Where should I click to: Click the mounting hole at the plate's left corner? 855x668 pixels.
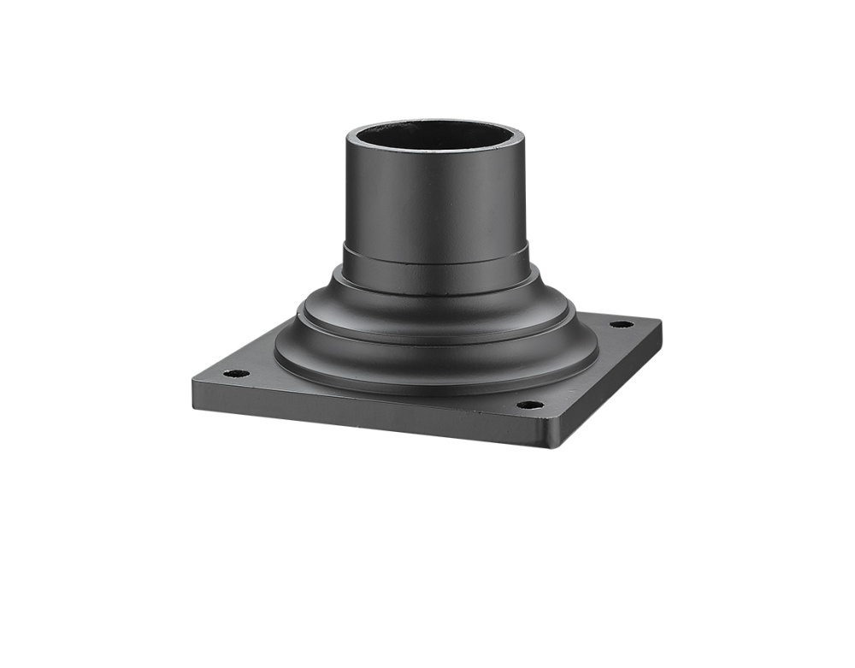tap(236, 374)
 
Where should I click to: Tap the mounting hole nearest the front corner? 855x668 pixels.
tap(530, 405)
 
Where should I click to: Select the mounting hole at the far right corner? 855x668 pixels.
tap(622, 324)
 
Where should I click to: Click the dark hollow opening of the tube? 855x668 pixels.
tap(436, 135)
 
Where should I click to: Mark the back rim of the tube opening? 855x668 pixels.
tap(436, 122)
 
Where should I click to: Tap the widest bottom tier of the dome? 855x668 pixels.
tap(436, 364)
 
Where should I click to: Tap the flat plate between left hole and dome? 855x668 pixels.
tap(256, 368)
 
